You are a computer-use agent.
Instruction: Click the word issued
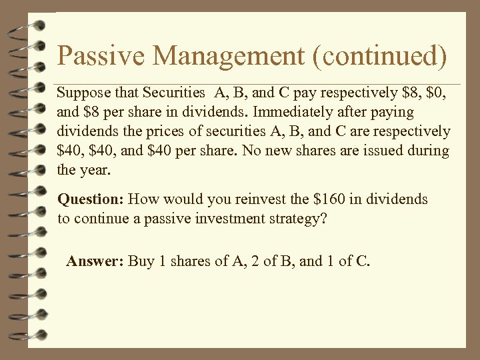click(375, 151)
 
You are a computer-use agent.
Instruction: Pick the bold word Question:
click(91, 199)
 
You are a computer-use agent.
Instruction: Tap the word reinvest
click(257, 199)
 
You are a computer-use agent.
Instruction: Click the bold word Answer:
click(95, 261)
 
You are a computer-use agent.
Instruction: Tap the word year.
click(94, 170)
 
